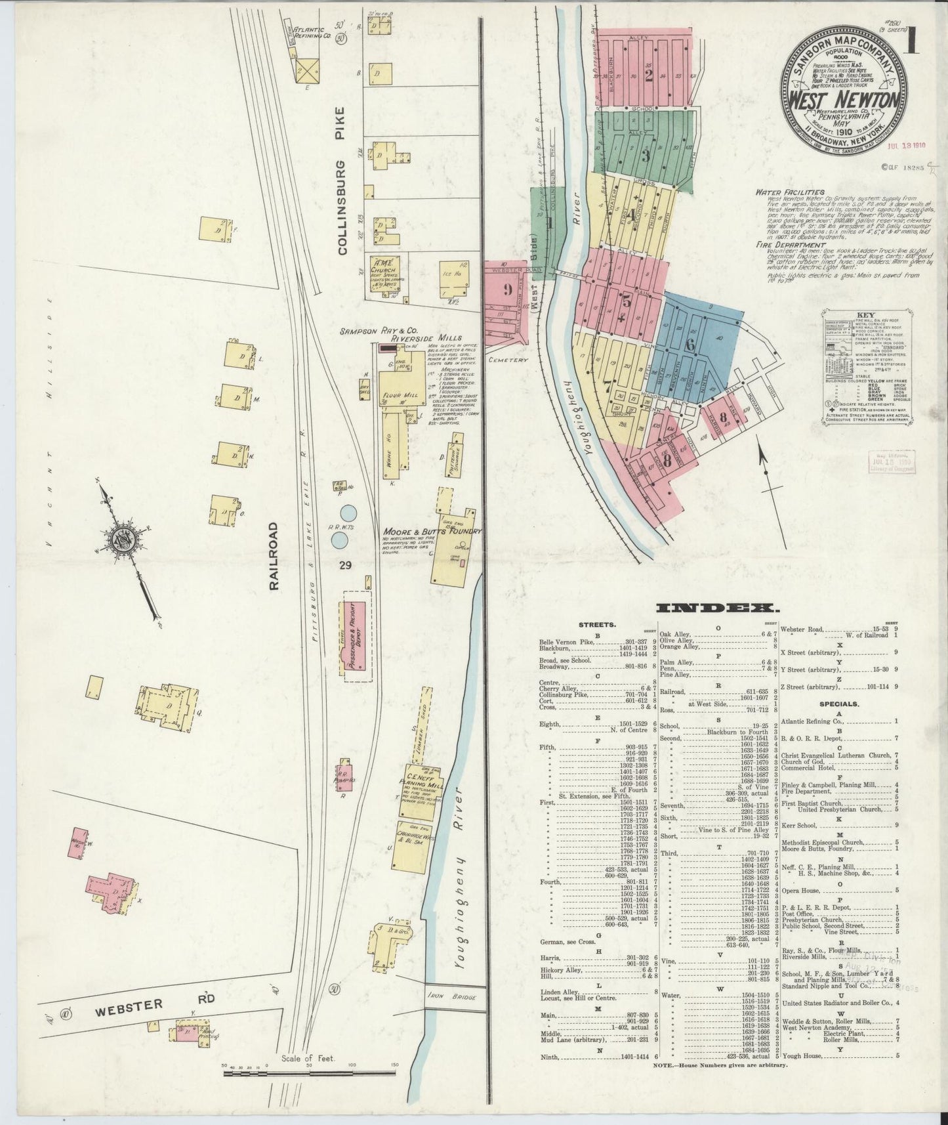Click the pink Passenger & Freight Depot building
355,635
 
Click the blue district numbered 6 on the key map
690,345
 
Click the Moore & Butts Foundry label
432,531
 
